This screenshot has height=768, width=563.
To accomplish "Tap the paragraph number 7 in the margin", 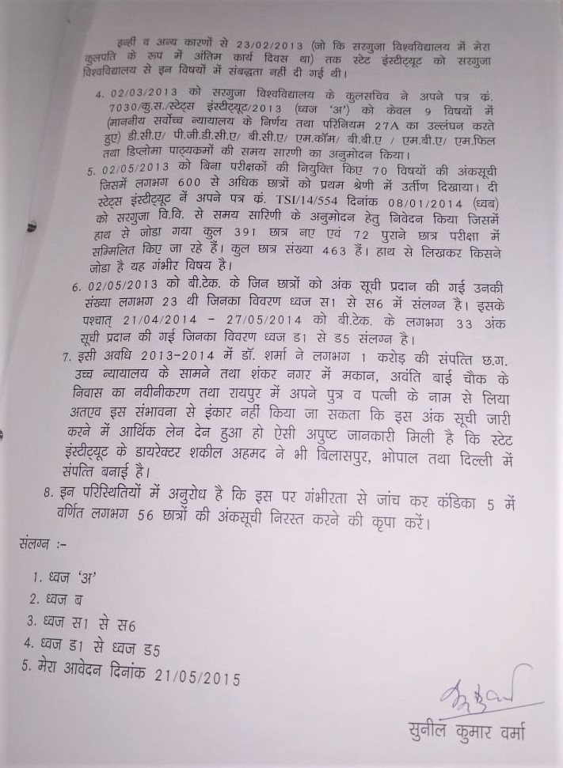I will (67, 358).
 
